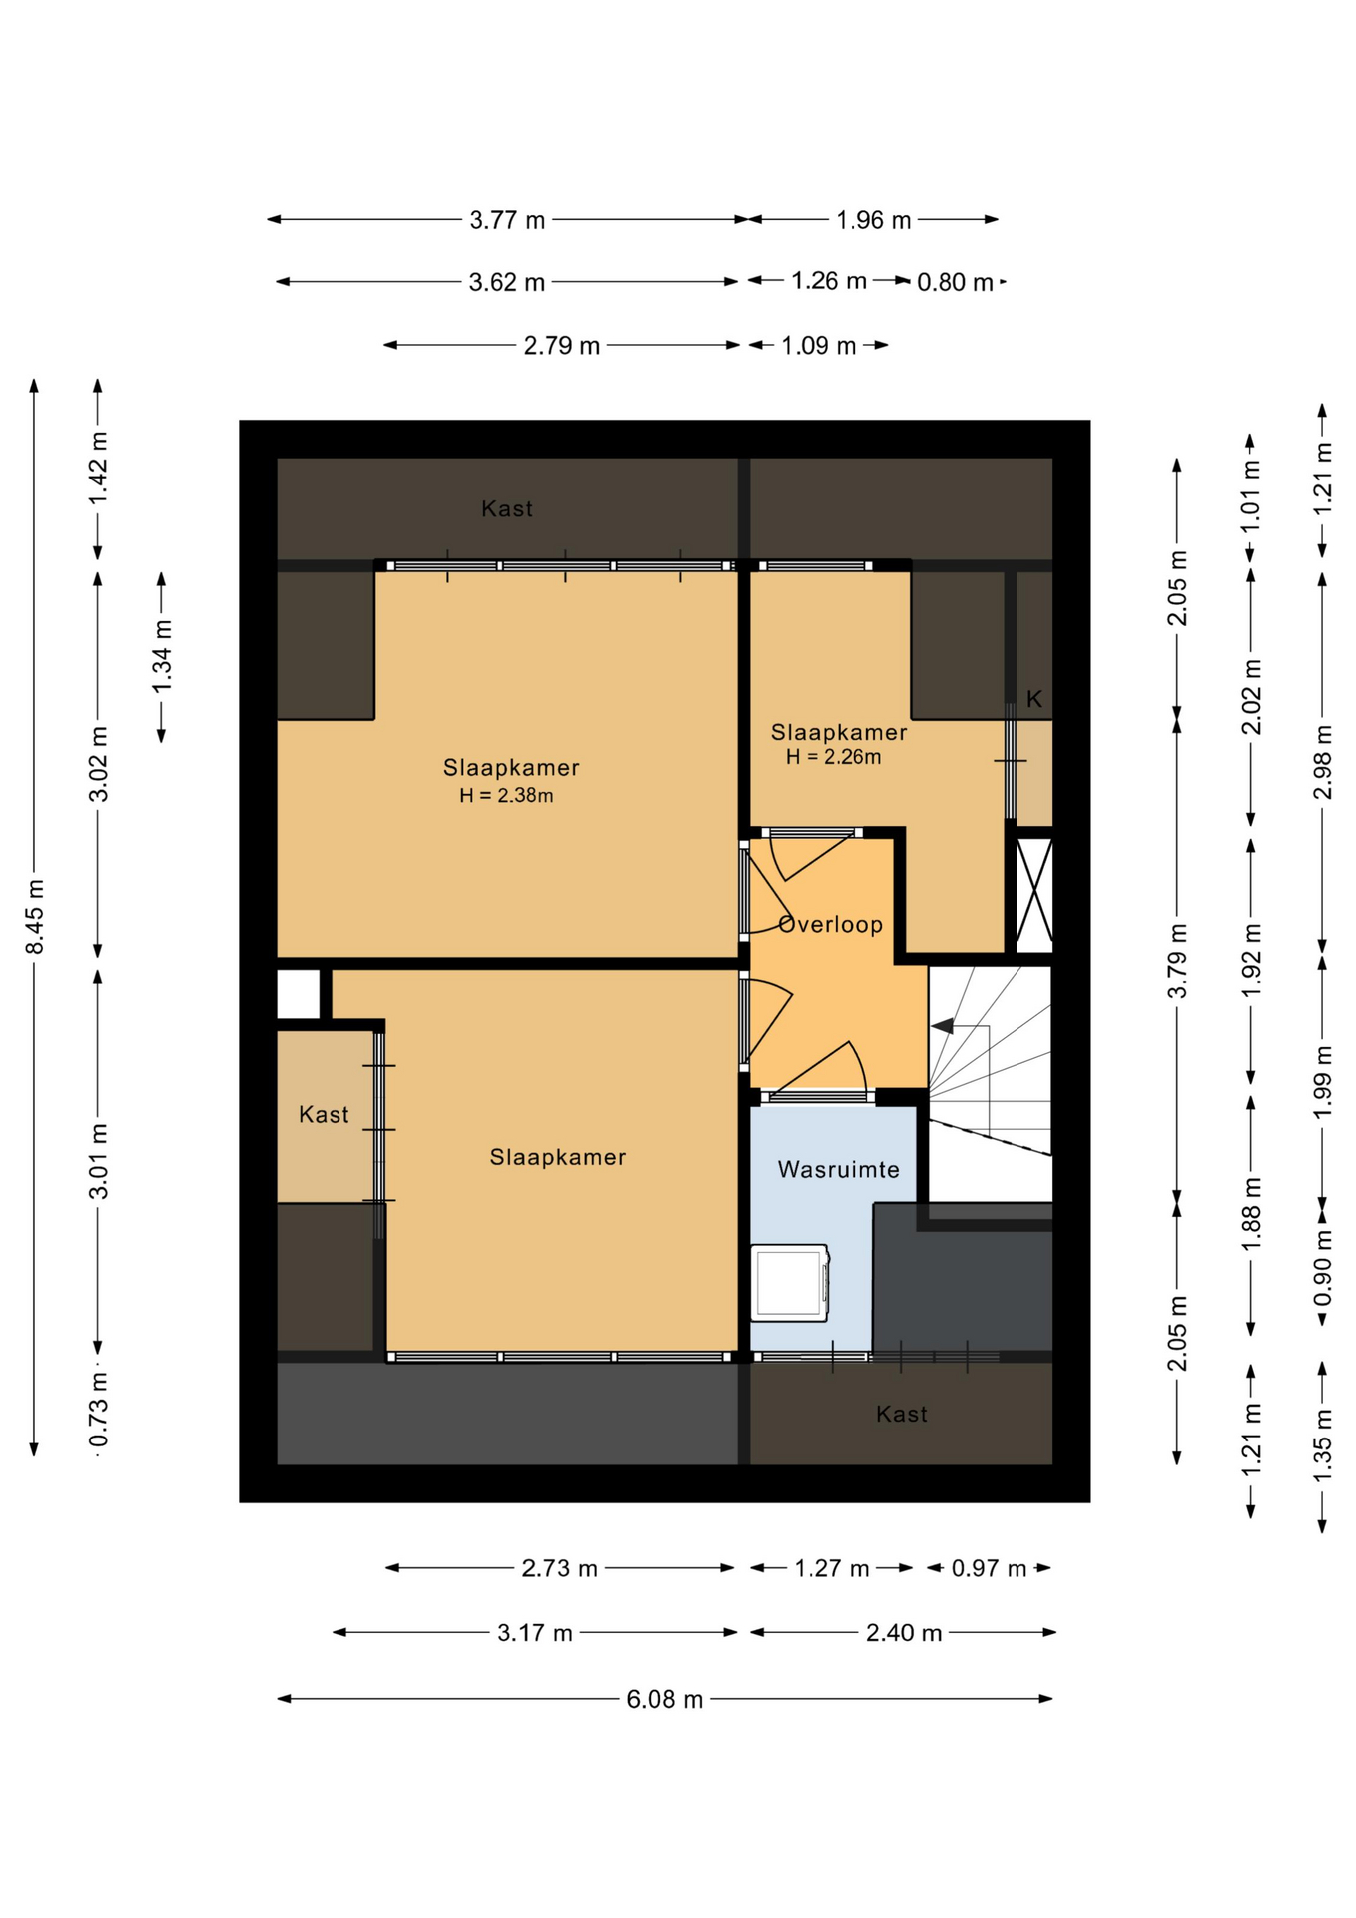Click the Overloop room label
click(x=830, y=924)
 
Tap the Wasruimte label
click(x=838, y=1169)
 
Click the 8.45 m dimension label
click(x=35, y=916)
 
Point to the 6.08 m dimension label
click(x=665, y=1699)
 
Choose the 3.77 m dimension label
click(x=508, y=220)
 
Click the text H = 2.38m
click(x=506, y=796)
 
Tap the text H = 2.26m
click(x=833, y=757)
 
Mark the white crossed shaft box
click(x=1034, y=894)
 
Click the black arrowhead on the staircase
click(x=942, y=1026)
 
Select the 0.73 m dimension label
click(x=99, y=1409)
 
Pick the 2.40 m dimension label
click(x=904, y=1633)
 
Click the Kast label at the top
click(x=507, y=509)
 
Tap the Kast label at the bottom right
click(x=902, y=1414)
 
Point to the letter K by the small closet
click(x=1034, y=699)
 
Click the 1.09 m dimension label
click(x=819, y=346)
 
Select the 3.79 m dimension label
click(x=1178, y=960)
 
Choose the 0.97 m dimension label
click(x=989, y=1568)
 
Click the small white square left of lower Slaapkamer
click(x=298, y=994)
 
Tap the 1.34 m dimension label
click(x=162, y=657)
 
